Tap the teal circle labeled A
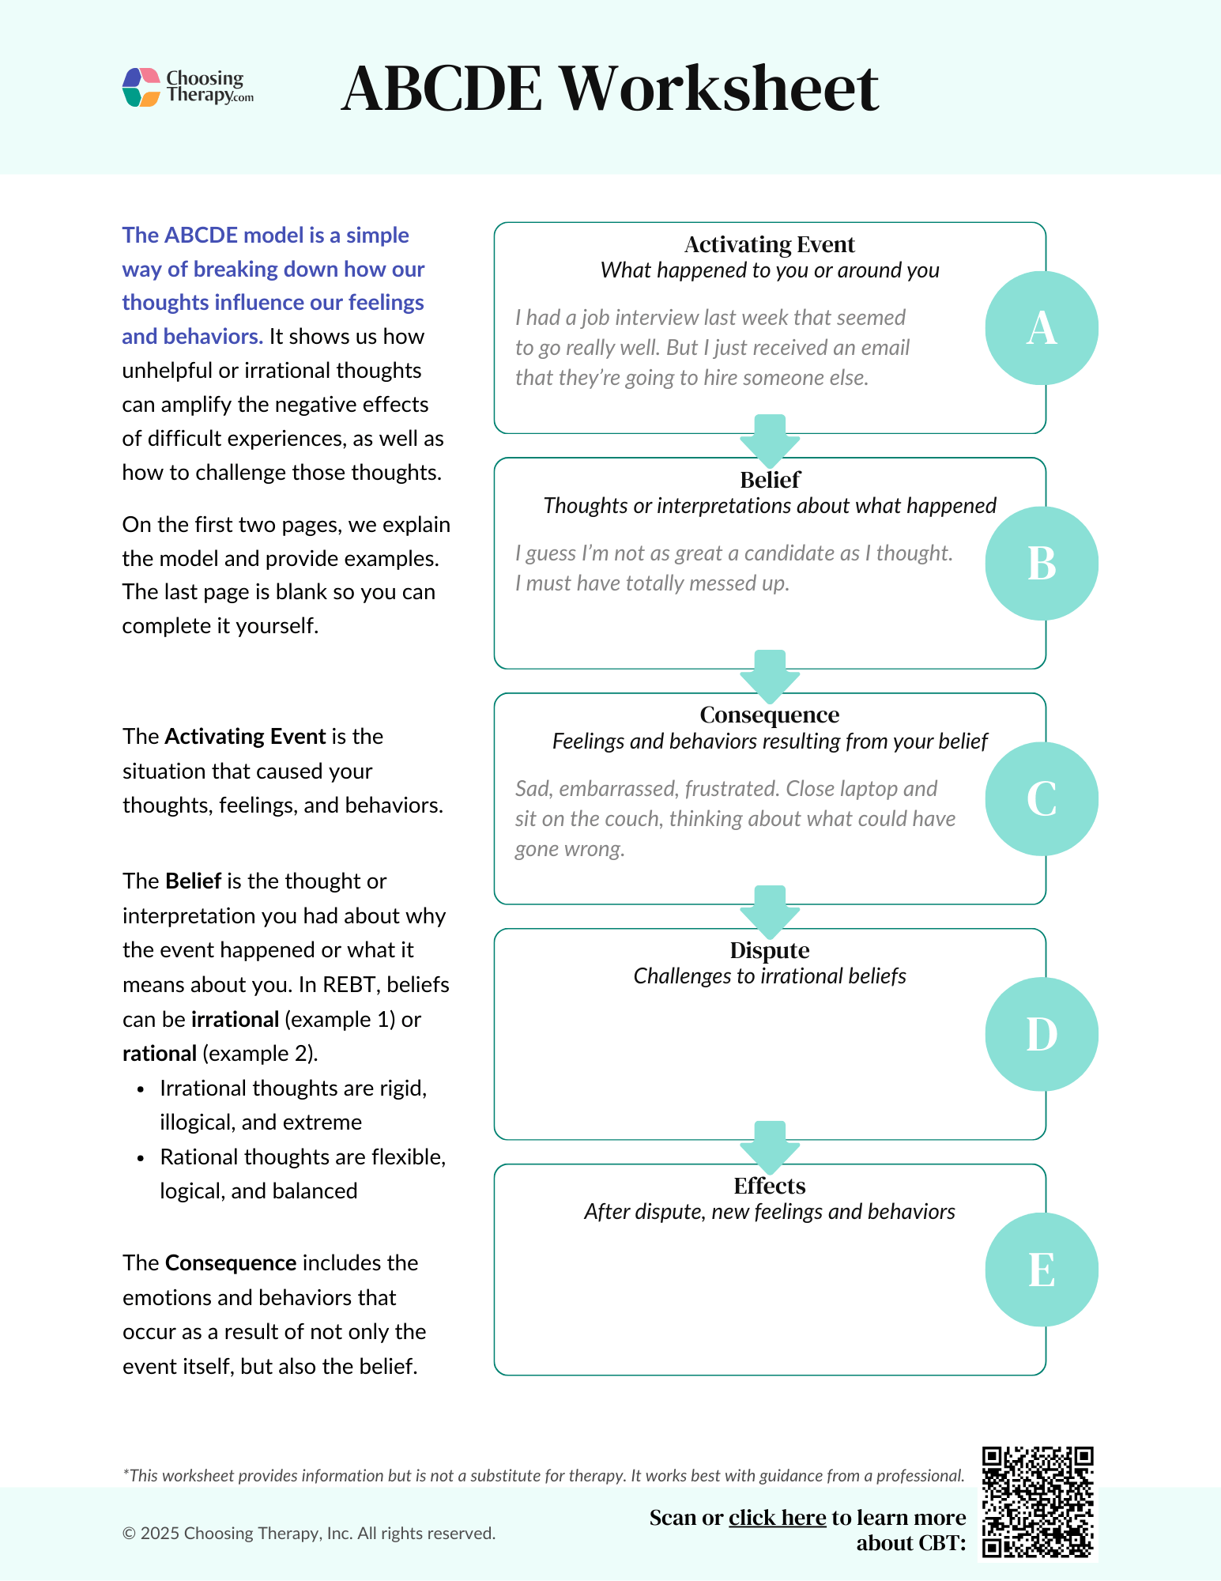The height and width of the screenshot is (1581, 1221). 1041,328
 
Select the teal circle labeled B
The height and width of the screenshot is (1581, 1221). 1041,564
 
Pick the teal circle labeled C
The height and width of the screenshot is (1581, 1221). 1041,798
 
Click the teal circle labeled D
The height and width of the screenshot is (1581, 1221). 1041,1034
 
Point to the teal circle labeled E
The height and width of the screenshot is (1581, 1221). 1041,1270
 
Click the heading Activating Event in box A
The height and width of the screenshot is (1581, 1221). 769,244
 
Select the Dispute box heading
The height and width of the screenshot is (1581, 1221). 769,950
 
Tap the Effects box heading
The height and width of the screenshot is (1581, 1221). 769,1186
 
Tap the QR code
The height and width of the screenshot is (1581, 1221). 1037,1502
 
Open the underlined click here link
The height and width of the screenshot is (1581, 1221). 777,1518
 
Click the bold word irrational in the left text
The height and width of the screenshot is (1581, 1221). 235,1019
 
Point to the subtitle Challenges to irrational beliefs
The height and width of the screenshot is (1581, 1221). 769,976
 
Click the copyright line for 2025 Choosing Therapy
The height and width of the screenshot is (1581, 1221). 308,1534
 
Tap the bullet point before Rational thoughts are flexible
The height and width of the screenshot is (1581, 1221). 141,1158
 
